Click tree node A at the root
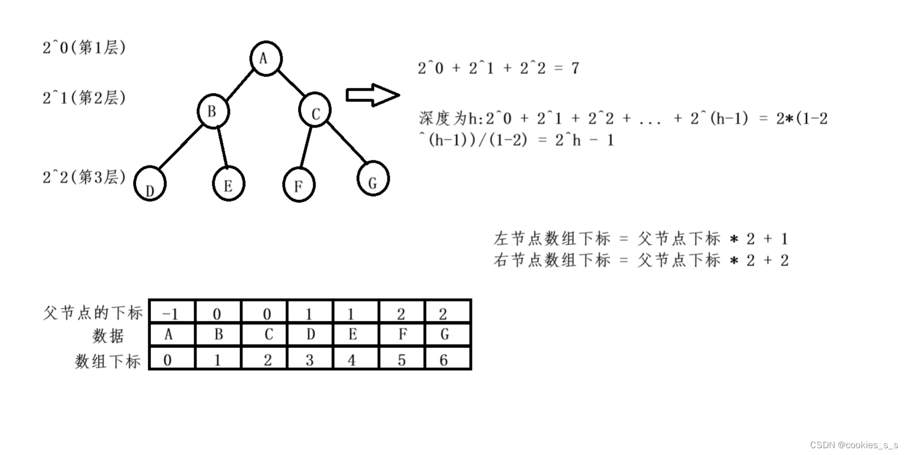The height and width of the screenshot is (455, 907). [x=265, y=58]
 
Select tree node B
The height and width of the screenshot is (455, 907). [x=214, y=111]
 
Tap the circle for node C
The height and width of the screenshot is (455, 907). [x=315, y=112]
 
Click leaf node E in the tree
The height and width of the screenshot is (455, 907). [x=228, y=185]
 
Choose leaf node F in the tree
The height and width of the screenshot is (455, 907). [x=299, y=185]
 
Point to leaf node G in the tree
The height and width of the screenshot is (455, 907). [x=373, y=178]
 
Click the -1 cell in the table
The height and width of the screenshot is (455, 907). [x=172, y=313]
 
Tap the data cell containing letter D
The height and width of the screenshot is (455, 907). [x=310, y=335]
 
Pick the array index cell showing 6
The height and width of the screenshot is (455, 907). [x=444, y=359]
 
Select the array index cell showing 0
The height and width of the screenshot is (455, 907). [x=168, y=359]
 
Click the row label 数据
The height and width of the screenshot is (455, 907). [x=108, y=336]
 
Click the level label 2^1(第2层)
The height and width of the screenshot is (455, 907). [x=84, y=98]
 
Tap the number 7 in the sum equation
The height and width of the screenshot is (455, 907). [x=575, y=69]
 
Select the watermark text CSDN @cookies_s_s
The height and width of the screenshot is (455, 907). [x=854, y=445]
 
